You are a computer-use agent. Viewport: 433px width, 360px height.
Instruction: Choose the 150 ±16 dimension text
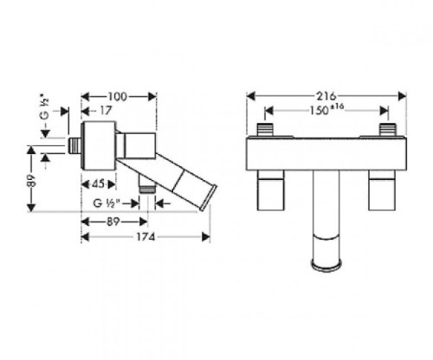pos(326,110)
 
